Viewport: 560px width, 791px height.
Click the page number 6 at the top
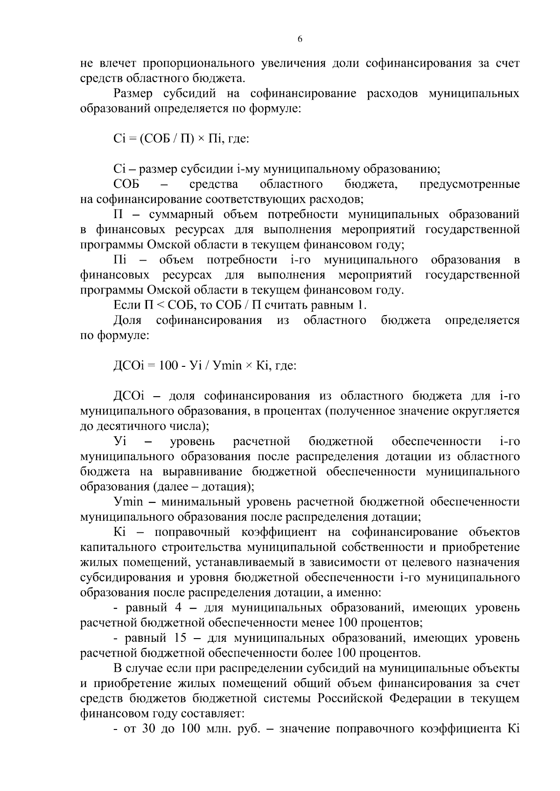(x=300, y=40)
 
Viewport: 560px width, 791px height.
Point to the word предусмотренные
(x=469, y=184)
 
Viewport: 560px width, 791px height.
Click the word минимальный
(x=200, y=502)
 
